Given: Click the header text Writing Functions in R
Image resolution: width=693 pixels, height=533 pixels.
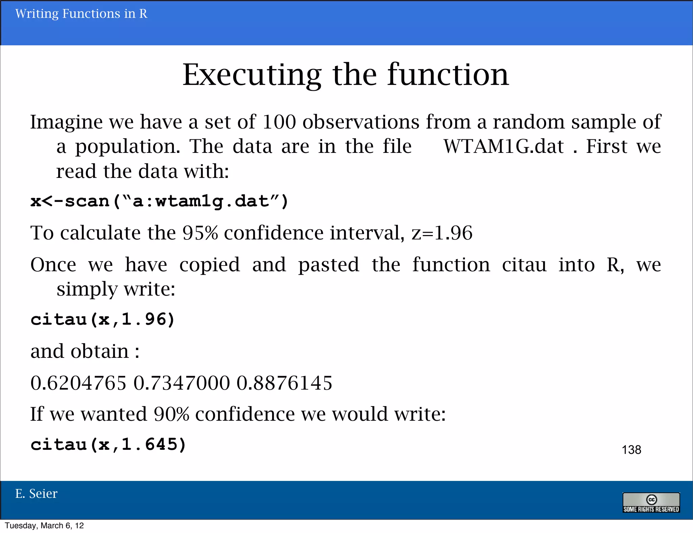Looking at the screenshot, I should click(81, 14).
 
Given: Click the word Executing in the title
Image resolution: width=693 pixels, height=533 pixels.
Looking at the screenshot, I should click(252, 75).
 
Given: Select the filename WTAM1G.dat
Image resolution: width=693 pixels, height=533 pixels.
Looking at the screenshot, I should click(504, 146).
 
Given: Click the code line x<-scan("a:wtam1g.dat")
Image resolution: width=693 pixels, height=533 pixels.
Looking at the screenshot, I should click(159, 202).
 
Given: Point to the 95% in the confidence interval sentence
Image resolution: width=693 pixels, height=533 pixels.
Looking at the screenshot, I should click(200, 233).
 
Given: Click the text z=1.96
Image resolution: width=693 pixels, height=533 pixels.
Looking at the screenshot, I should click(442, 233).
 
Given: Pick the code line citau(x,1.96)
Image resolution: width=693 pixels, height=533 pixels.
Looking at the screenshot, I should click(103, 319).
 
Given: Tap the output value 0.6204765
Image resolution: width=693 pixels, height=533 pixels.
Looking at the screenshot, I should click(78, 383).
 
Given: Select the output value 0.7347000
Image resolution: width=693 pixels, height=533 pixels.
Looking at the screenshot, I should click(182, 383).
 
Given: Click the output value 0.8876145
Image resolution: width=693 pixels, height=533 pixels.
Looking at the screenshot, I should click(284, 383).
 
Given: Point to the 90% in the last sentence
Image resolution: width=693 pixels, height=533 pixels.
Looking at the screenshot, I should click(171, 414).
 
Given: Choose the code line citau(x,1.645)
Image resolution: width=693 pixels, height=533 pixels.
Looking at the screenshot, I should click(108, 444).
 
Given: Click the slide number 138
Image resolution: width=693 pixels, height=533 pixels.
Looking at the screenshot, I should click(631, 450).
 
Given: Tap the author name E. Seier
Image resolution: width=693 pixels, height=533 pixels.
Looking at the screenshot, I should click(37, 494).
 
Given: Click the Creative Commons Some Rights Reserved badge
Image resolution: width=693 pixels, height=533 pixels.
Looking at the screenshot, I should click(651, 503).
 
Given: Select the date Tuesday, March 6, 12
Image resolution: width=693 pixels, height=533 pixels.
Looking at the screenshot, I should click(44, 526).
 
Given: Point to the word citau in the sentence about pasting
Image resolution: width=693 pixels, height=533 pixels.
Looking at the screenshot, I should click(524, 265).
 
